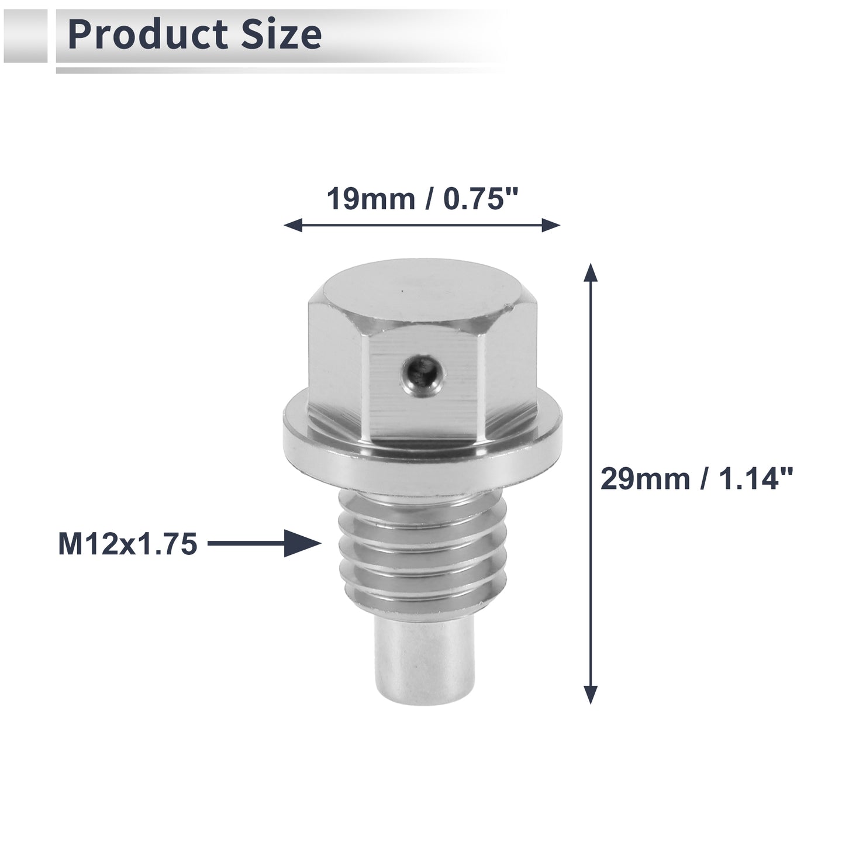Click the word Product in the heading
tap(148, 34)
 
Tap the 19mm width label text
tap(371, 199)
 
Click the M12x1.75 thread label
tap(127, 544)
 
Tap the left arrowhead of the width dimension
tap(293, 226)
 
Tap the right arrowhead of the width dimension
tap(551, 226)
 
